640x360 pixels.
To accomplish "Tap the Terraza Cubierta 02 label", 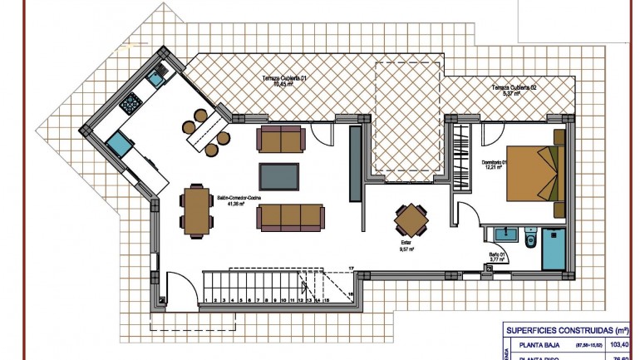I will (514, 90).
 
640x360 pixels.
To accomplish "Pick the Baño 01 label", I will (496, 256).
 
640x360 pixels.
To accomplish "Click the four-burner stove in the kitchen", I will (130, 104).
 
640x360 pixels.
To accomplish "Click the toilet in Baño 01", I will (530, 239).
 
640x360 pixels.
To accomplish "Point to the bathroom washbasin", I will (502, 231).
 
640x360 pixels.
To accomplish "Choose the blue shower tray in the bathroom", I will (554, 249).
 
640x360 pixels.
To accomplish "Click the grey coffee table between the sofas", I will (279, 177).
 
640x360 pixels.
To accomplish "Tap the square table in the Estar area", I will (412, 220).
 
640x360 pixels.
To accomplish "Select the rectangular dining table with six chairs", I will (198, 209).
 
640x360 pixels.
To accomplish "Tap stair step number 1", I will (207, 300).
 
